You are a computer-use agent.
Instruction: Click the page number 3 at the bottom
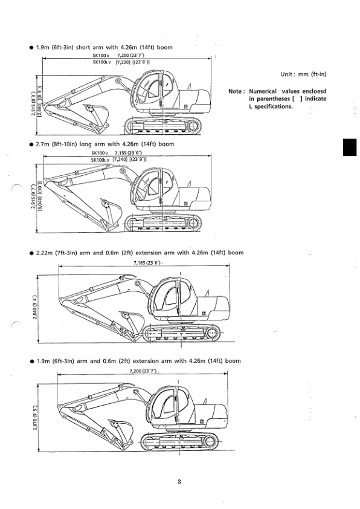click(179, 481)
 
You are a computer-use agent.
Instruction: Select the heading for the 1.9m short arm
click(106, 48)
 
